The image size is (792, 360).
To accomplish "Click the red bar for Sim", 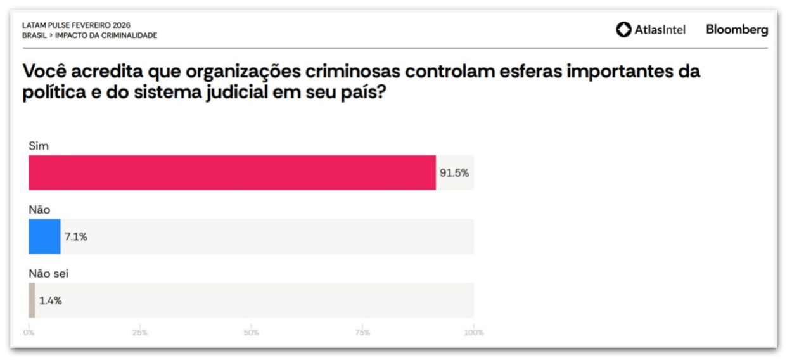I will coord(232,172).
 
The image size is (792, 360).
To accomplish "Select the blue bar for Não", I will coord(44,236).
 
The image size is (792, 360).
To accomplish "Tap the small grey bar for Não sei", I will coord(32,300).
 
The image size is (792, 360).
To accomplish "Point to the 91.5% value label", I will coord(454,172).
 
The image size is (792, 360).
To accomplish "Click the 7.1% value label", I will coord(76,237).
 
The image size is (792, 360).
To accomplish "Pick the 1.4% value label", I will coord(51,301).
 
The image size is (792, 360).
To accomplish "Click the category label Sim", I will coord(39,146).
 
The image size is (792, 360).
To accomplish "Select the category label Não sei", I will coord(49,273).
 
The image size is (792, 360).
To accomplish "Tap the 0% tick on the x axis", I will coord(29,333).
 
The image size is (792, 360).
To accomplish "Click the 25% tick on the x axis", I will coord(140,333).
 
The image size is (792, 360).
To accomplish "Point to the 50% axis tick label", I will coord(252,333).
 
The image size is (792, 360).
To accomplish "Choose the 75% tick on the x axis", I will coord(362,333).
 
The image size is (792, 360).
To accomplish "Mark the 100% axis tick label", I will coord(473,333).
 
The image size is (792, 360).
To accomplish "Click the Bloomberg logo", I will coord(737,30).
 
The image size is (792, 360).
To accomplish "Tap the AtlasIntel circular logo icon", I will coord(623,30).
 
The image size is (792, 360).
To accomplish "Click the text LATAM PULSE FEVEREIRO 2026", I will coord(76,25).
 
